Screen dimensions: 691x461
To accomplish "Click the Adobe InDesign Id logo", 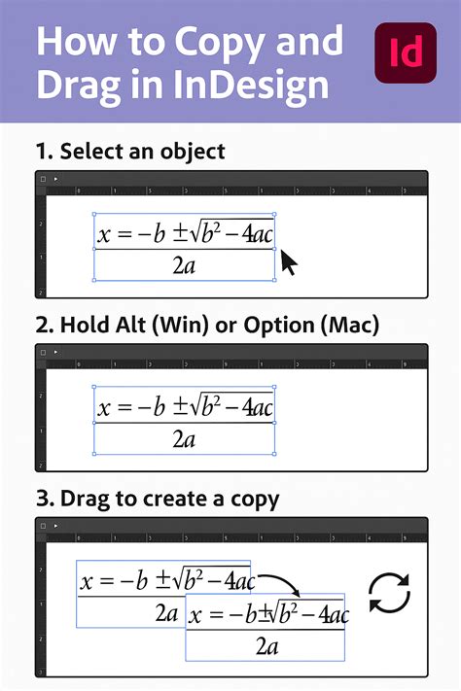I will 404,52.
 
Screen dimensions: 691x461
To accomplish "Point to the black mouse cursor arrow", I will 289,262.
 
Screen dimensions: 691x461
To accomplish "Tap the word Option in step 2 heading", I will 252,324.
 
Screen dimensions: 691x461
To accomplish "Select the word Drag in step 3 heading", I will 84,499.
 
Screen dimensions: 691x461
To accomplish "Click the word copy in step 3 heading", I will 251,499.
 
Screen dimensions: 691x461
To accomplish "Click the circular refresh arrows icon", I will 389,594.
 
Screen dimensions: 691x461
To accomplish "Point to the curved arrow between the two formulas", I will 282,582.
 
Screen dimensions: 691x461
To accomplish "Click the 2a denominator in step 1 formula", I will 183,265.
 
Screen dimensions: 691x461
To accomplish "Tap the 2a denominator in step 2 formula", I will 184,438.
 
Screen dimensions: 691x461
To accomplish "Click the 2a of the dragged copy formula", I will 266,645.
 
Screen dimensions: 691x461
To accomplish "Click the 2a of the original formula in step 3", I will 165,612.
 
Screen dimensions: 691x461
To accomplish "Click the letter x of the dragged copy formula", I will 194,615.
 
